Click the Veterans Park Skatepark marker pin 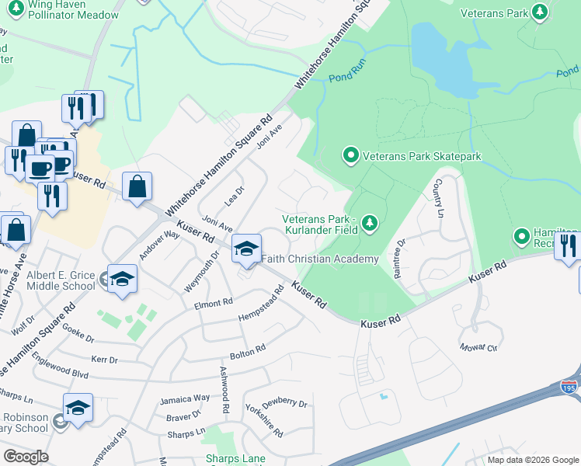(350, 156)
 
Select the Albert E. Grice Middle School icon (123, 280)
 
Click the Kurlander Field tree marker (371, 224)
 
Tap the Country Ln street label (440, 198)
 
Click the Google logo (26, 456)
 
